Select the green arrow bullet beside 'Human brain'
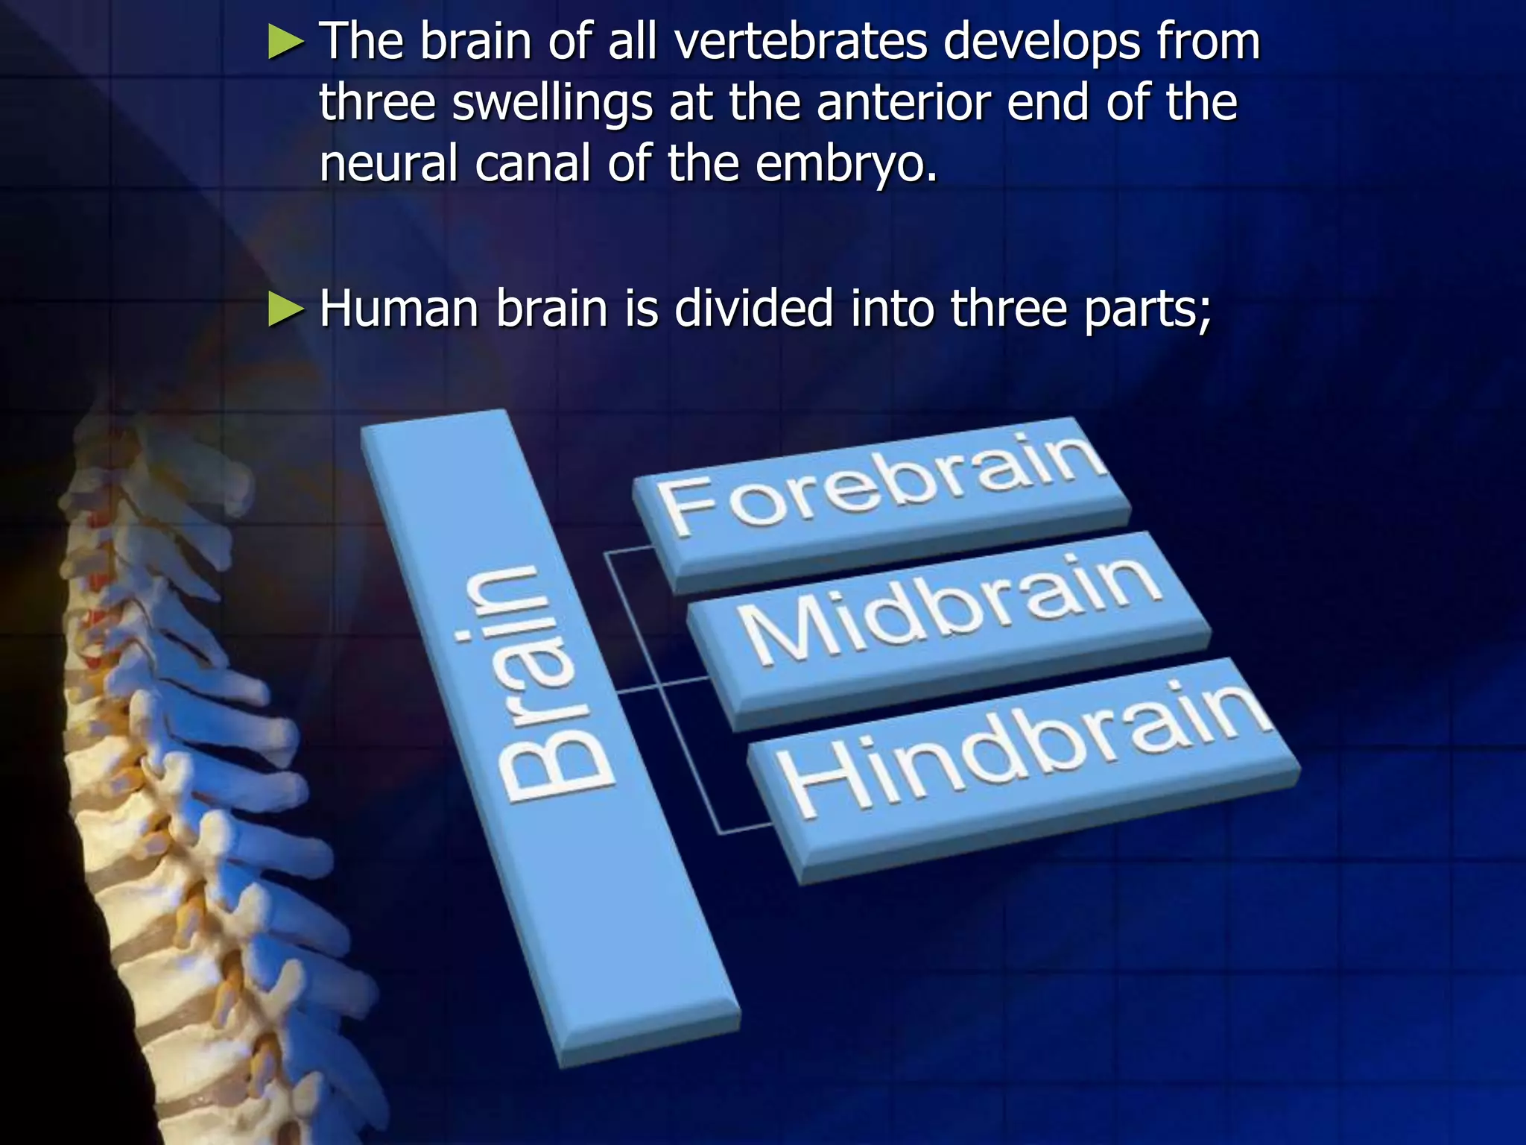click(x=286, y=309)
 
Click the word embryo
click(x=846, y=164)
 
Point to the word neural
click(x=387, y=164)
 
